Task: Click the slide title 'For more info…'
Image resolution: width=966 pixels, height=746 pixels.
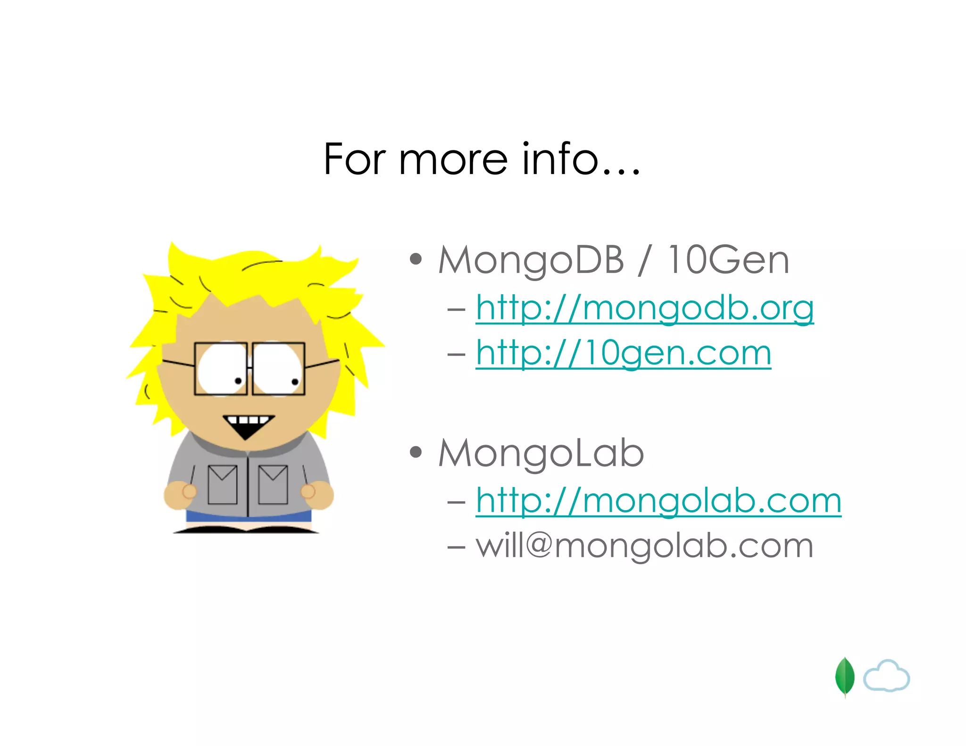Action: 482,159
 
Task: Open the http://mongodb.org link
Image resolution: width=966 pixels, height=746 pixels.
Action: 644,308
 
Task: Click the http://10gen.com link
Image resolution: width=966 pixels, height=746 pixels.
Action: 623,353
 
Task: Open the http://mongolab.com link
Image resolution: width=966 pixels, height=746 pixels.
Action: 658,501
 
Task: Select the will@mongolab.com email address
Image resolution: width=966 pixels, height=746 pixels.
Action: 644,546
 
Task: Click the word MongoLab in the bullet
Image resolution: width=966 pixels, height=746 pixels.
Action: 541,453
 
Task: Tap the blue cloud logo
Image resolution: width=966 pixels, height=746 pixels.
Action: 886,677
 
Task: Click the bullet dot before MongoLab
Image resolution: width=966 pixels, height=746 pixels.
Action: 416,452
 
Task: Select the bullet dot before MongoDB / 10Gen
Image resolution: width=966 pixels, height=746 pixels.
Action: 416,259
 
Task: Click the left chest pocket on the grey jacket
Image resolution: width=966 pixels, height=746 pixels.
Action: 222,485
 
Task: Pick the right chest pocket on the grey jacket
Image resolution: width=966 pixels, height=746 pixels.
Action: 273,485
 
